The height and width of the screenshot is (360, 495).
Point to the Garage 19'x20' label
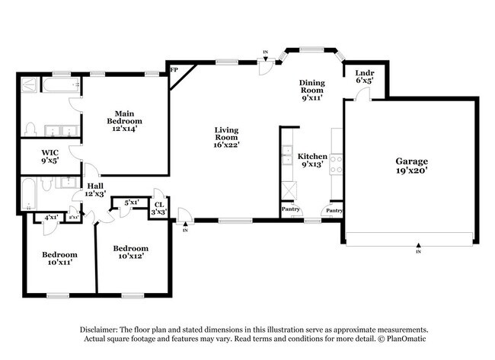(x=410, y=166)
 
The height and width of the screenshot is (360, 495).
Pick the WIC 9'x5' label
(x=50, y=157)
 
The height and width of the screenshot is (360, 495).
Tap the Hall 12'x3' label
(x=94, y=190)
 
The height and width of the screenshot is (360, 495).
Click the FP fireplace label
(x=174, y=70)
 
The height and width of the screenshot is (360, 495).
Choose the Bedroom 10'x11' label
(x=59, y=258)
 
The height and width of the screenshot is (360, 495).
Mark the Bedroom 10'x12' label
(x=129, y=252)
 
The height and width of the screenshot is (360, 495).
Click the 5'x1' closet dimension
(x=130, y=202)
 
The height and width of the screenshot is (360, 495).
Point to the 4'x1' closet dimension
(x=51, y=218)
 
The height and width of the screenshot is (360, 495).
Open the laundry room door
(x=364, y=94)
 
